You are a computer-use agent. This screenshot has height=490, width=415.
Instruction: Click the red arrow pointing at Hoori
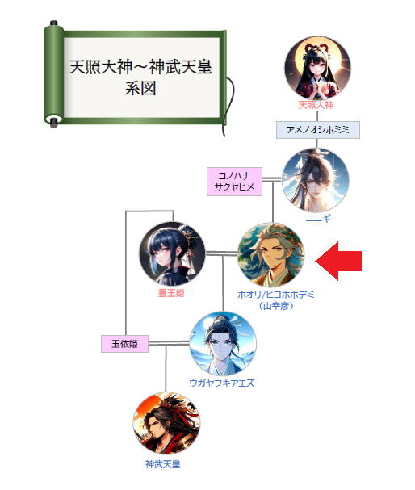click(339, 261)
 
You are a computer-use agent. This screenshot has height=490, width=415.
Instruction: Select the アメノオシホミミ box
click(318, 130)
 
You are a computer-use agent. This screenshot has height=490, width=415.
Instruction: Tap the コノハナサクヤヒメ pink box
click(234, 182)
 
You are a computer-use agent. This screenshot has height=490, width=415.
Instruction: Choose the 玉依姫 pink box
click(124, 344)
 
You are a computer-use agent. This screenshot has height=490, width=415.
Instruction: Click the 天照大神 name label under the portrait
click(316, 105)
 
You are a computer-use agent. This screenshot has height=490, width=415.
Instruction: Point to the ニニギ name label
click(318, 218)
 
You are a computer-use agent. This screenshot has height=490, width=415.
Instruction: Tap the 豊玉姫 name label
click(171, 293)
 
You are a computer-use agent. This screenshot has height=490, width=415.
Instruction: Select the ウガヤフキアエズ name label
click(222, 383)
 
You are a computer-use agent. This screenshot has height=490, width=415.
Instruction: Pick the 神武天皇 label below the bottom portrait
click(163, 464)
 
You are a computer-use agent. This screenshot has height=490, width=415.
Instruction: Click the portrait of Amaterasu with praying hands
click(317, 68)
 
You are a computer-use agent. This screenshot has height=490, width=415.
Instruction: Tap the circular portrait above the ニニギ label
click(316, 181)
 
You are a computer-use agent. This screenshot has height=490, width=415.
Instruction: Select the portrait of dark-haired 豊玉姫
click(172, 254)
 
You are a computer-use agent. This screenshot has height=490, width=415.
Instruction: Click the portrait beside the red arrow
click(270, 255)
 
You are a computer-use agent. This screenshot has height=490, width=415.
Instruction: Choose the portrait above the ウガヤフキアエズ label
click(223, 344)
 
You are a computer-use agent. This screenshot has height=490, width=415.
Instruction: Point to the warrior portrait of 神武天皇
click(166, 424)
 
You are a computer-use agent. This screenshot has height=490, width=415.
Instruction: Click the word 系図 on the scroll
click(140, 89)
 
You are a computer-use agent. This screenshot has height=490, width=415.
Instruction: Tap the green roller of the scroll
click(54, 74)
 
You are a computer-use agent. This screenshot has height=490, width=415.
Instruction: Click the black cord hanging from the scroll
click(229, 107)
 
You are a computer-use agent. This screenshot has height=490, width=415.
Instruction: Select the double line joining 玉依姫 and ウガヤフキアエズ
click(169, 343)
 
